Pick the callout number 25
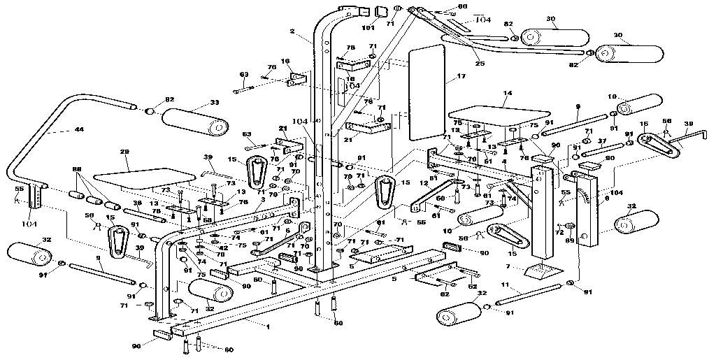click(x=479, y=64)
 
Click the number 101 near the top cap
click(x=368, y=28)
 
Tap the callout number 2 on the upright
click(x=292, y=31)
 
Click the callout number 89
click(x=568, y=240)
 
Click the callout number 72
click(x=559, y=231)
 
